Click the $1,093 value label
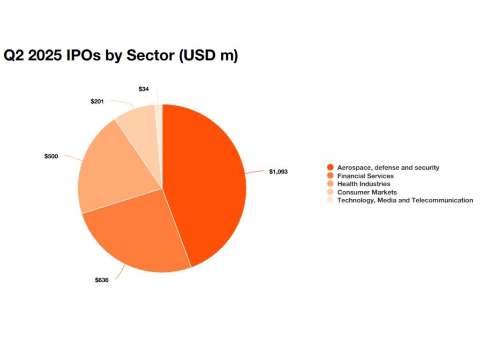coord(278,172)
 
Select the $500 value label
coord(51,156)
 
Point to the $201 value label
coord(97,101)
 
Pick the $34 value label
coord(144,88)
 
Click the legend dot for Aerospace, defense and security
coord(330,167)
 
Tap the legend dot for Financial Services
coord(330,176)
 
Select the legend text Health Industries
coord(363,184)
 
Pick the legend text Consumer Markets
coord(367,192)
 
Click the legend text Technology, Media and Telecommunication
coord(405,200)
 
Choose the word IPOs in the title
coord(82,56)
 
